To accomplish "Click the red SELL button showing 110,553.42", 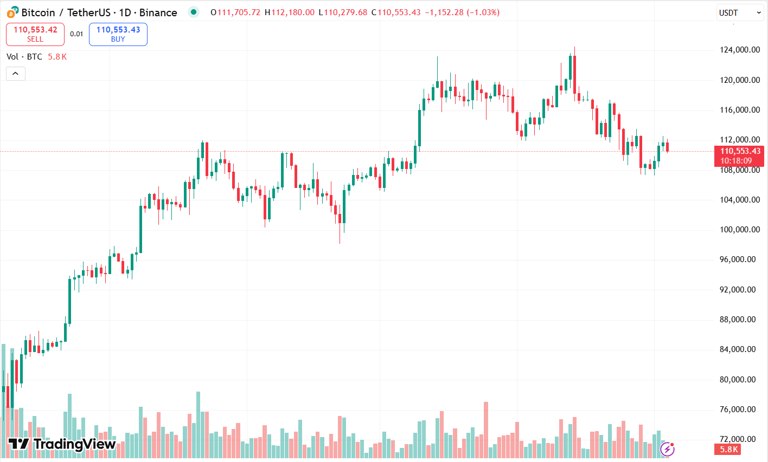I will coord(35,34).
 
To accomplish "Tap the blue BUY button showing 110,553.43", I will coord(118,34).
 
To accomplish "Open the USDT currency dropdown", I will coord(740,13).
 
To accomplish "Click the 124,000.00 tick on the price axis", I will coord(739,50).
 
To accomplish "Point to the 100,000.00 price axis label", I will coord(739,230).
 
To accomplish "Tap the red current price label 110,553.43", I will coord(740,152).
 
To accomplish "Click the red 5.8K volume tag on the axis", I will coord(728,450).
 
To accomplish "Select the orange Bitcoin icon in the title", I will coord(11,12).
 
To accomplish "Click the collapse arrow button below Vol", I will coord(16,73).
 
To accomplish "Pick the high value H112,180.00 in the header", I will coord(290,12).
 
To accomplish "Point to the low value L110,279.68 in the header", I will coord(343,12).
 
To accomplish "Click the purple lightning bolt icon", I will coord(667,449).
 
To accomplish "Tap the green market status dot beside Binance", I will coord(194,12).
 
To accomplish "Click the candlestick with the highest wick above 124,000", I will coord(574,70).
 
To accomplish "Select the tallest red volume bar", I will coord(486,428).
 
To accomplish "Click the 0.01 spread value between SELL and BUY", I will coord(76,34).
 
